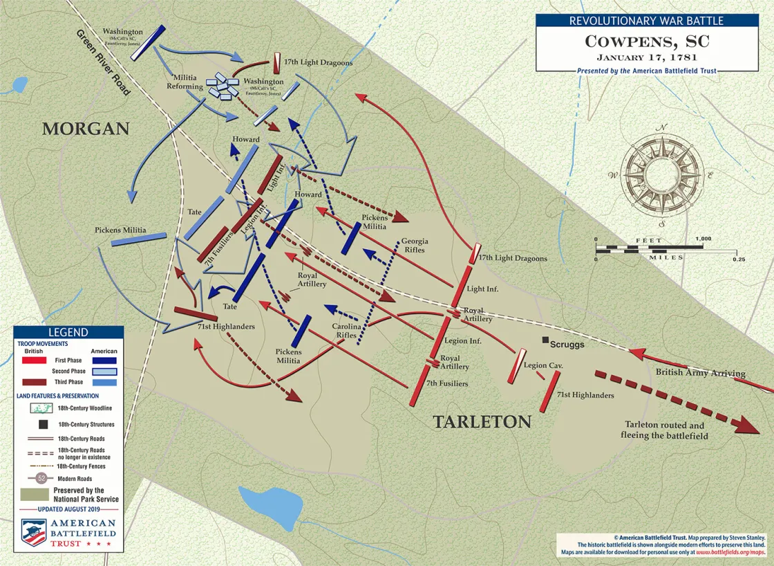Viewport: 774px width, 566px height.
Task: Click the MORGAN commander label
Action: (86, 129)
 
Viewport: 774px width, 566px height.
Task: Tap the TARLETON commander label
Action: (482, 422)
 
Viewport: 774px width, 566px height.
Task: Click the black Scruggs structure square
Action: (546, 340)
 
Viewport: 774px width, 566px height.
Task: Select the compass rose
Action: (662, 175)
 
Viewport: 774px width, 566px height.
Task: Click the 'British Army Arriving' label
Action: (700, 373)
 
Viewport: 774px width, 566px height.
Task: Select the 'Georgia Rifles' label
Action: (415, 246)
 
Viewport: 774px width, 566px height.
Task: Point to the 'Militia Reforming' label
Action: (185, 82)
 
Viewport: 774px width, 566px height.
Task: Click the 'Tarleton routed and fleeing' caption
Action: (666, 430)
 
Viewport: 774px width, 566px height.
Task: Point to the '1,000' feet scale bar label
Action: (703, 239)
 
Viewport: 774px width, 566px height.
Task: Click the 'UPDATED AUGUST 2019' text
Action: (68, 509)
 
